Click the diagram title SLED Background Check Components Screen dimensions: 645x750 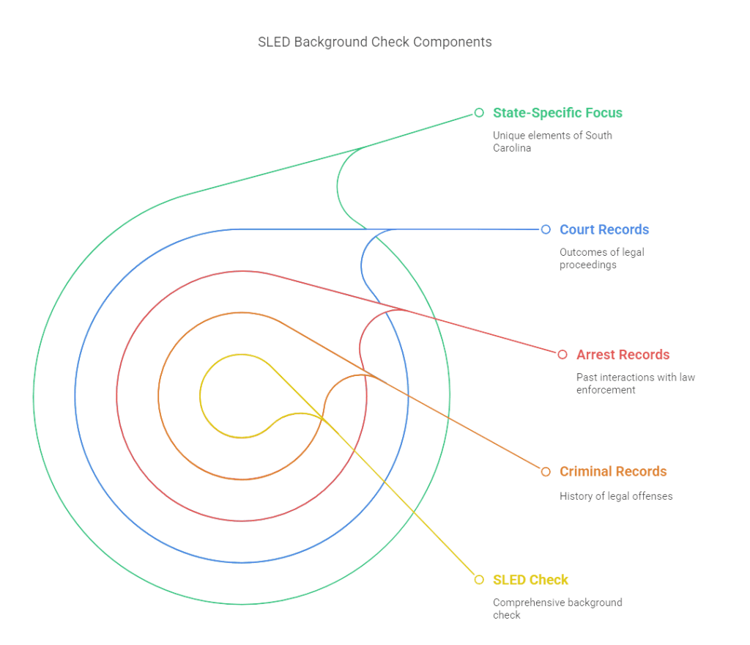click(x=374, y=42)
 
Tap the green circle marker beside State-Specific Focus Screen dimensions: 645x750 click(x=479, y=113)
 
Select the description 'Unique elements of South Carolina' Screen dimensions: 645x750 click(x=552, y=141)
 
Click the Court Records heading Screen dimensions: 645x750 click(x=604, y=229)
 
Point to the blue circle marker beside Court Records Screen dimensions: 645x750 click(x=545, y=229)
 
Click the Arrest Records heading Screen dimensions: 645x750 click(x=623, y=355)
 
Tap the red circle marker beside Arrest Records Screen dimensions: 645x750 click(x=562, y=355)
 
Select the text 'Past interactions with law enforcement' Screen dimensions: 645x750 click(x=635, y=384)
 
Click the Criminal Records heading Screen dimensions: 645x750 click(x=613, y=471)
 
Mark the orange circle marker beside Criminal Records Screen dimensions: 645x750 click(x=545, y=471)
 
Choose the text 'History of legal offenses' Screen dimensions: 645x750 click(x=615, y=496)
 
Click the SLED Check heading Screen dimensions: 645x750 click(x=530, y=580)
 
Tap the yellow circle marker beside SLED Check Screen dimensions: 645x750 click(x=479, y=580)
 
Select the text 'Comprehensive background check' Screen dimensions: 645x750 click(x=557, y=608)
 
